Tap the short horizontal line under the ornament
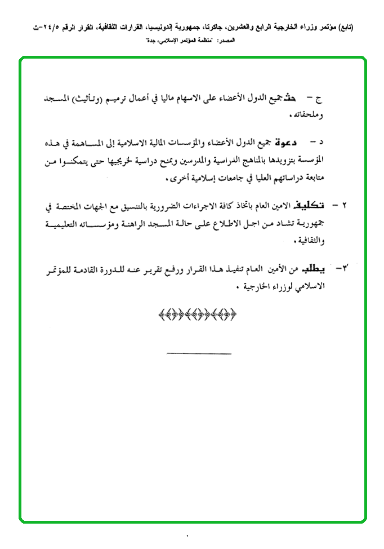pos(199,353)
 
